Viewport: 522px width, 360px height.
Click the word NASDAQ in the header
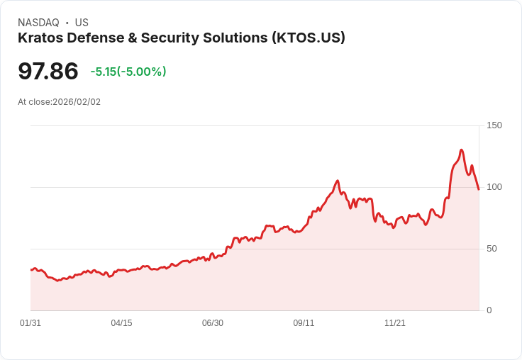38,23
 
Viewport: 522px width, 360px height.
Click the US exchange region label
82,23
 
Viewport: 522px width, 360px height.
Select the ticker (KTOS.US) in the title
309,38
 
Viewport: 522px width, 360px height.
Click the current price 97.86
48,72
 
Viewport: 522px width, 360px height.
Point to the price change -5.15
103,72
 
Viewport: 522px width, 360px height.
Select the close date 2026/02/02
77,102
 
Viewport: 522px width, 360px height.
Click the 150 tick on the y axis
494,125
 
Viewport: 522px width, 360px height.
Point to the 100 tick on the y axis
494,187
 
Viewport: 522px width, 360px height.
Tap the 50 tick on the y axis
491,249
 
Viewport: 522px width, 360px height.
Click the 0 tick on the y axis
489,310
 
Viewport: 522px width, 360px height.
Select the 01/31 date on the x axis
30,323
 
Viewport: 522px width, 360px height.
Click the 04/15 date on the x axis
121,323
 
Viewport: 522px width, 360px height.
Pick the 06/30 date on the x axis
212,323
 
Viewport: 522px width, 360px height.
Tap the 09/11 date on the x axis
304,323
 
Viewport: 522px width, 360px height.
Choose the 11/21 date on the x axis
394,323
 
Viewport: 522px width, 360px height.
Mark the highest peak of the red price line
461,150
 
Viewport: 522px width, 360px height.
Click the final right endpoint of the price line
479,189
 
